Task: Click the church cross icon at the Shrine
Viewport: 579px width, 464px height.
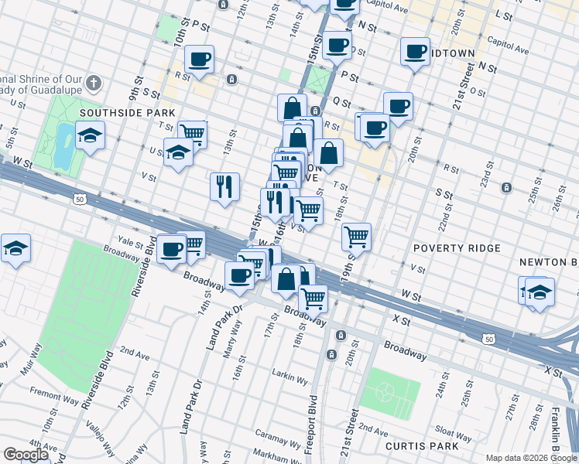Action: [x=92, y=82]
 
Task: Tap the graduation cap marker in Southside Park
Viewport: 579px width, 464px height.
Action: [x=91, y=136]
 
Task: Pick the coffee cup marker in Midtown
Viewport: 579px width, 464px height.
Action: [x=415, y=52]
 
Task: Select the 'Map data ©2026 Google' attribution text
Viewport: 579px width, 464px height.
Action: [x=530, y=458]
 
